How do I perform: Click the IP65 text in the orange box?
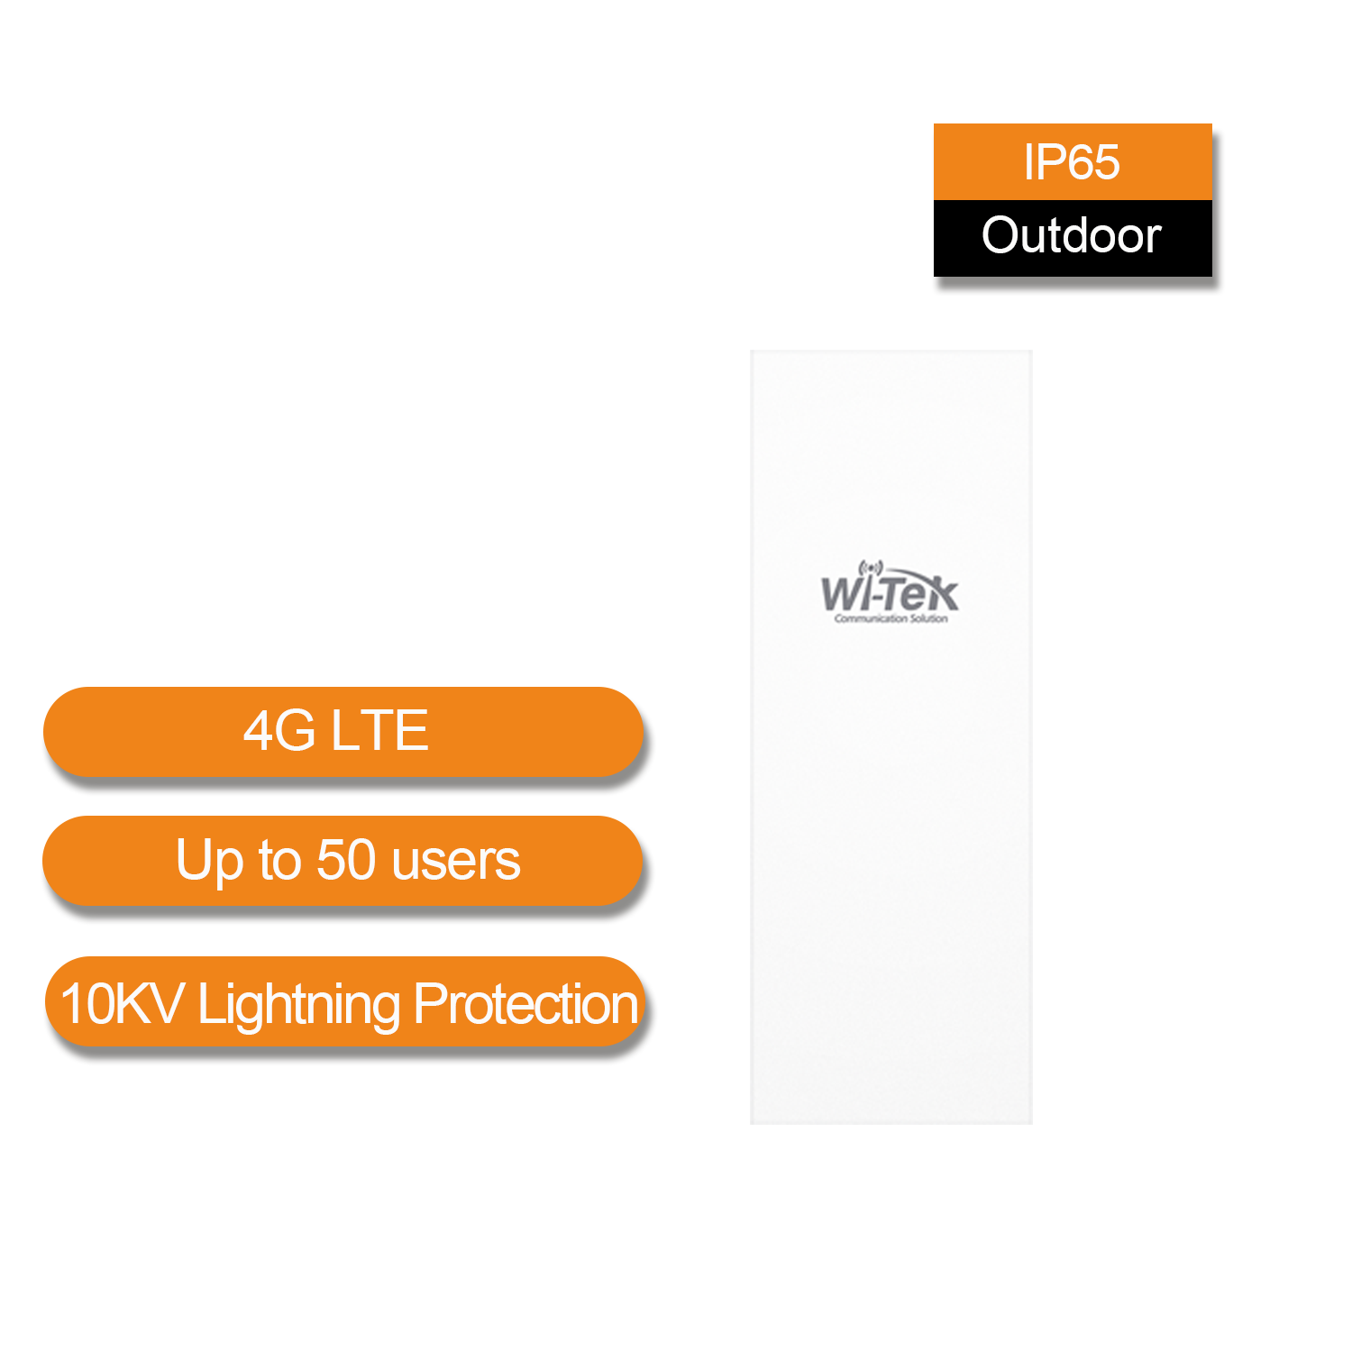coord(1071,162)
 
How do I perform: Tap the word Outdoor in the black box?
coord(1071,235)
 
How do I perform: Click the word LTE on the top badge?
coord(379,730)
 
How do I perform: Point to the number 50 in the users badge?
coord(346,860)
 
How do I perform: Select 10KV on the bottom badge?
coord(122,1003)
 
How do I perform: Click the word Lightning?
coord(298,1006)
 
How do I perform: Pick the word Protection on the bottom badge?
coord(526,1003)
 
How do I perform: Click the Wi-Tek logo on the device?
coord(890,593)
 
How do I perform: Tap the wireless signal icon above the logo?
coord(870,568)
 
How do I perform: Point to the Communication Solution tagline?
coord(891,618)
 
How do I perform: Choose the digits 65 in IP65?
coord(1094,162)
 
